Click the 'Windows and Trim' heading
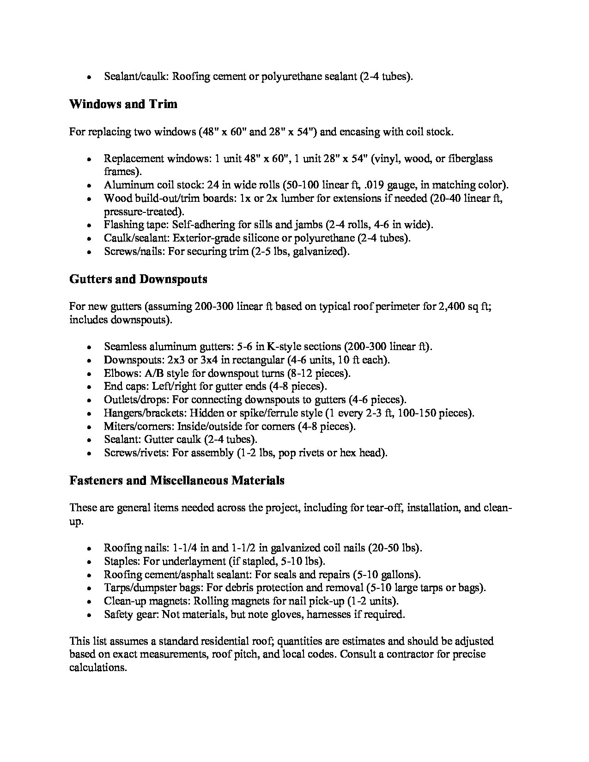tap(123, 104)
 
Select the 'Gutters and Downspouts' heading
tap(138, 279)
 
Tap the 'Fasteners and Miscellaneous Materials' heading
tap(177, 481)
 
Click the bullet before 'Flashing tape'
tap(89, 225)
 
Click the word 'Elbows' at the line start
tap(119, 373)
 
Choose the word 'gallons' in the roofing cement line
tap(400, 575)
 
